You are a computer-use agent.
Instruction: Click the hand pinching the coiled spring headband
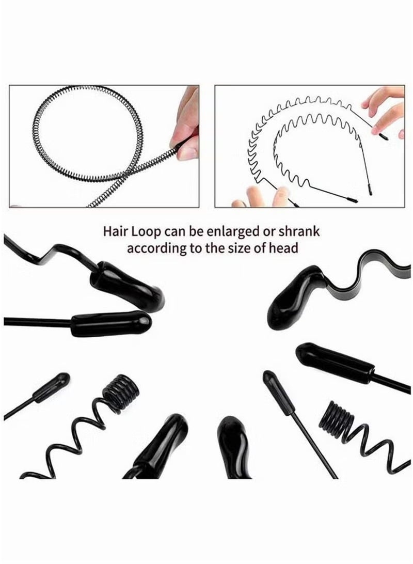187,124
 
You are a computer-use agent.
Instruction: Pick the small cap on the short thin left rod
52,387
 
